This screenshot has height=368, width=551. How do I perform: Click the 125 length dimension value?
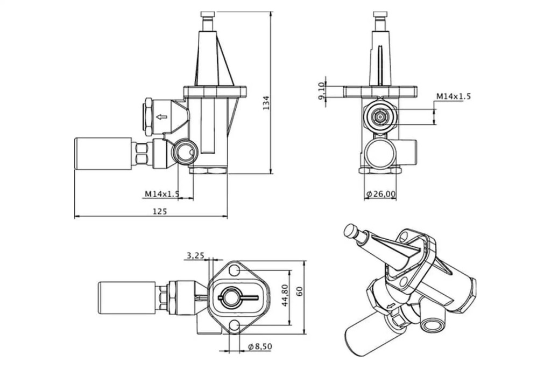pos(159,211)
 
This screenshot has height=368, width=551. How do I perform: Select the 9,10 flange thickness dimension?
pos(321,91)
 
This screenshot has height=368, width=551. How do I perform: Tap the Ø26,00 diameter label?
pos(380,193)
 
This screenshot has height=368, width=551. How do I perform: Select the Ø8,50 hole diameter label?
pos(260,346)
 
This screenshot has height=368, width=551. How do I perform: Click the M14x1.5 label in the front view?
pos(161,193)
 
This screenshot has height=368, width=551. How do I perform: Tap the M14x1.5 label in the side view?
pos(453,96)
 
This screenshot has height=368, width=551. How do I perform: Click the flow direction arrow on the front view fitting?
pos(161,116)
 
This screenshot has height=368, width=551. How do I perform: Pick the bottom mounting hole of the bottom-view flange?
pos(234,325)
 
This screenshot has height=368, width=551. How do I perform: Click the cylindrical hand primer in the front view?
pos(103,154)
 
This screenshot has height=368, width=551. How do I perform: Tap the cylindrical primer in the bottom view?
pos(127,297)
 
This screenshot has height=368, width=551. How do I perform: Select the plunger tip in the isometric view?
pos(352,231)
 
